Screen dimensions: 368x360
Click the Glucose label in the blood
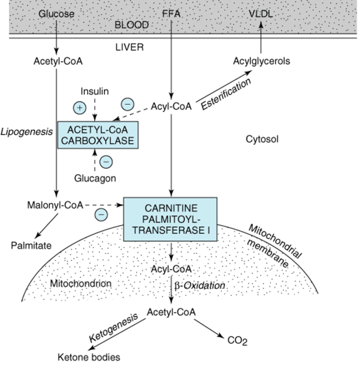coord(56,14)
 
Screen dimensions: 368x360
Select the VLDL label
coord(260,14)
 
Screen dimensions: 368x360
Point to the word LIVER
coord(129,47)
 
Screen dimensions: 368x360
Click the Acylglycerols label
coord(261,61)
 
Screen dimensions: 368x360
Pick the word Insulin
coord(95,91)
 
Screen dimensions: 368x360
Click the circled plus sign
coord(79,107)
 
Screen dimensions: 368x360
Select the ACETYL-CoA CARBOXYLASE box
coord(98,135)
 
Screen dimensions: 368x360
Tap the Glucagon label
coord(95,178)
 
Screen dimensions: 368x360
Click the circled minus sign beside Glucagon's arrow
coord(106,162)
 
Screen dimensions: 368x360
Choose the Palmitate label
coord(31,245)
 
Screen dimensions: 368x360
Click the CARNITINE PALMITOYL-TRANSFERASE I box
coord(170,219)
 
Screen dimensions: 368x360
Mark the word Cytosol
coord(262,139)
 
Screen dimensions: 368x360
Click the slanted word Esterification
coord(226,94)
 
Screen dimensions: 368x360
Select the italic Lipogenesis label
coord(27,131)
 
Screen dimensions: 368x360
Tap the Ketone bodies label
coord(89,357)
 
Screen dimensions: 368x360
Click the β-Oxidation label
coord(200,285)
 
